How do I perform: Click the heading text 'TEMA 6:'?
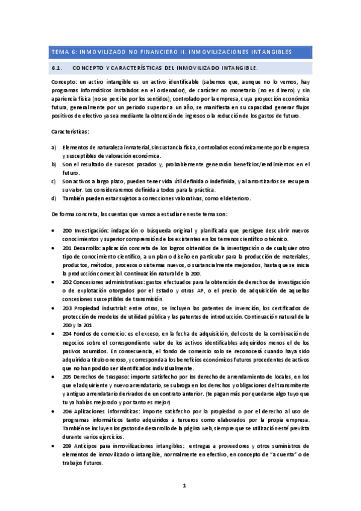click(61, 52)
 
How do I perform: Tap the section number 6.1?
click(61, 68)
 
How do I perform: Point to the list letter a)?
click(54, 146)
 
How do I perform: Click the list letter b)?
click(54, 163)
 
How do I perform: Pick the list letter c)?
click(54, 181)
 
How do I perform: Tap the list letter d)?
click(54, 198)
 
